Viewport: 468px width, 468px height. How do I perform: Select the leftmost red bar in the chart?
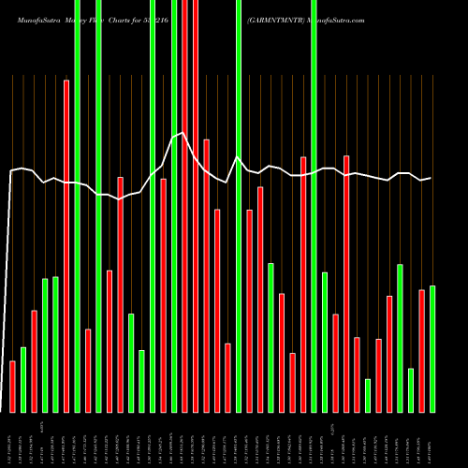[12, 386]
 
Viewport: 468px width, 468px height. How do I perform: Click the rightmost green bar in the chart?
[432, 348]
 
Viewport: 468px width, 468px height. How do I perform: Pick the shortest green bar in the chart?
[368, 395]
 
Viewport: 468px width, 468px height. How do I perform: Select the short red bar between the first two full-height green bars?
[88, 370]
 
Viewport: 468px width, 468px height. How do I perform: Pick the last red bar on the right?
[421, 351]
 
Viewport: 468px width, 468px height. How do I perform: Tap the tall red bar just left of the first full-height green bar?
[66, 245]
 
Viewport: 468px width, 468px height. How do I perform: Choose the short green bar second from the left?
[23, 379]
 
